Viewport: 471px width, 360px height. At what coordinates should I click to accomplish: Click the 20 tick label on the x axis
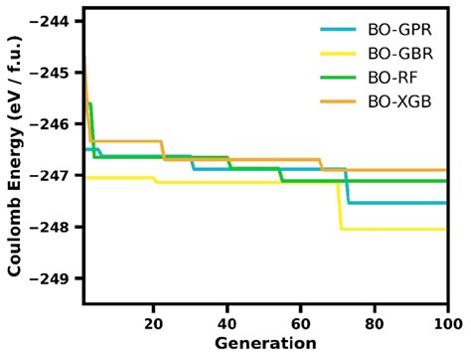pyautogui.click(x=154, y=322)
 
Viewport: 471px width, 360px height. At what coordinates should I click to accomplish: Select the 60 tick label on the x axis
pyautogui.click(x=301, y=322)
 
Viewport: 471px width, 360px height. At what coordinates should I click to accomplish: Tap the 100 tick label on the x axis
pyautogui.click(x=447, y=322)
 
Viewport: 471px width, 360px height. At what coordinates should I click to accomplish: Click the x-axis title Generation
pyautogui.click(x=265, y=343)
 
